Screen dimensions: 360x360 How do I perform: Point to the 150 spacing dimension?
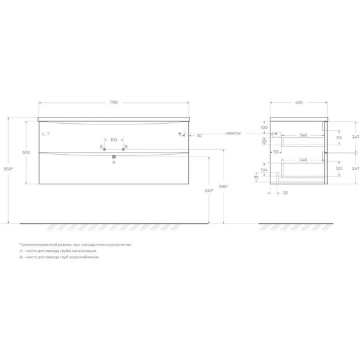click(x=114, y=140)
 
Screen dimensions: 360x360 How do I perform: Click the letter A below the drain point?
click(x=114, y=162)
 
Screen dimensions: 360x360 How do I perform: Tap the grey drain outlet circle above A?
click(x=114, y=156)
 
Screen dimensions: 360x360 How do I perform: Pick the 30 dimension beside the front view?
click(x=199, y=136)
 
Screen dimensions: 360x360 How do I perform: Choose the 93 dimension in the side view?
click(x=275, y=152)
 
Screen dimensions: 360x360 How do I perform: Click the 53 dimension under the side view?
click(x=285, y=192)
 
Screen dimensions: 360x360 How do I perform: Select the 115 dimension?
click(x=339, y=137)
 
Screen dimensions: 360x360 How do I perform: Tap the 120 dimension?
click(x=339, y=169)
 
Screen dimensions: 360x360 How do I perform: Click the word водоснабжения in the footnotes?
click(x=86, y=257)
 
